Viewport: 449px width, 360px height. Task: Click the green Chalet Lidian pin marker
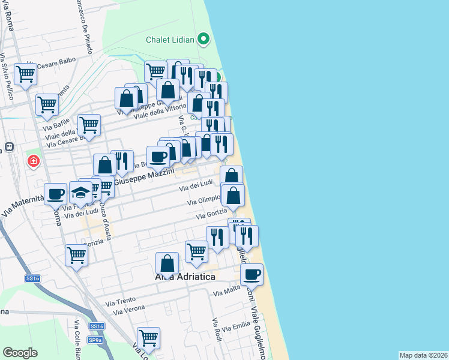coord(203,40)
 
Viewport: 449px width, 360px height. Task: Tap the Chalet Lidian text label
coord(170,40)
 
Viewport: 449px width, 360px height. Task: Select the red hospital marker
coord(34,161)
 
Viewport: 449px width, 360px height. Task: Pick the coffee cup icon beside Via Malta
coord(252,275)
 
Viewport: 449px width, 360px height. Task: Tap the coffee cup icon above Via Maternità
coord(56,194)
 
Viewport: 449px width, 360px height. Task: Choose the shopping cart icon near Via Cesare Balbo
coord(26,74)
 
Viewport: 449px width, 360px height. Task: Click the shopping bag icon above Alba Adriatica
coord(167,263)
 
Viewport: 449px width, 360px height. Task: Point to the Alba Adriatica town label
coord(185,277)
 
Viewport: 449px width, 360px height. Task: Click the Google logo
coord(20,352)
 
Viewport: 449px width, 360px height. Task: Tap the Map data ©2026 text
coord(423,355)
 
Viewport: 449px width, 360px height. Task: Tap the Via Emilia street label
coord(236,328)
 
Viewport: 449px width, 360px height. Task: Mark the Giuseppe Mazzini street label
coord(143,176)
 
